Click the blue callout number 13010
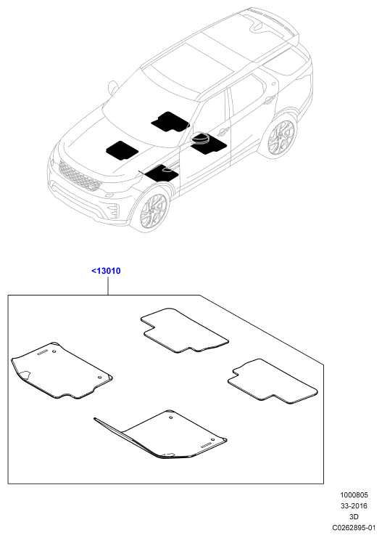pos(107,271)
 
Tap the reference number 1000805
pos(354,494)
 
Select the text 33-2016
pos(354,506)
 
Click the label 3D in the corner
pos(354,516)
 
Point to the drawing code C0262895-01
pos(354,527)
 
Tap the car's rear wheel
pos(281,136)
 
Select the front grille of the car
pos(80,175)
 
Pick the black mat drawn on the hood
pos(122,150)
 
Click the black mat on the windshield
pos(170,122)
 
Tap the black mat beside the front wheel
pos(162,174)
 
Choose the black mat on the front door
pos(209,144)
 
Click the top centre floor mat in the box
pos(184,331)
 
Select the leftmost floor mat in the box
pos(62,370)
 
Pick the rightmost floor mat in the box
pos(273,381)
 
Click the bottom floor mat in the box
pos(161,435)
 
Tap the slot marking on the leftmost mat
pos(43,354)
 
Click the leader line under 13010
pos(108,286)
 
